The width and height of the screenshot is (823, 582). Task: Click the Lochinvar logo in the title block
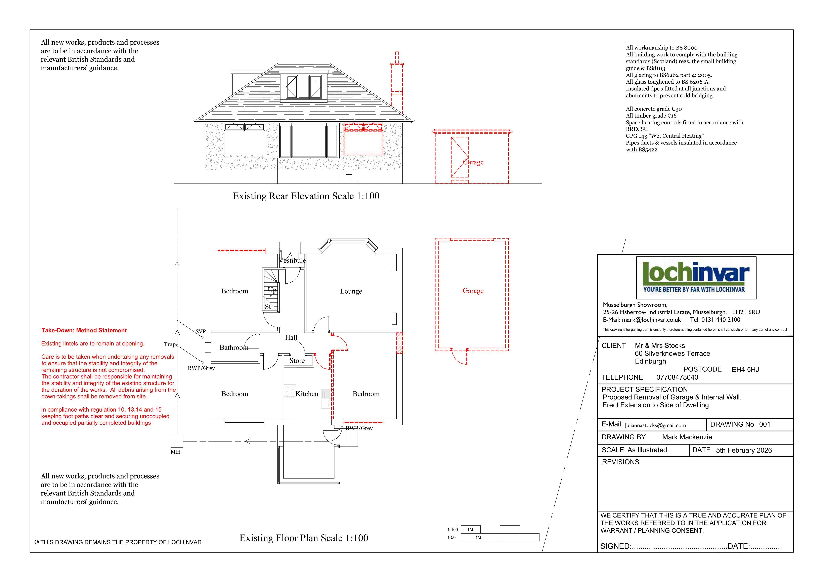(x=696, y=278)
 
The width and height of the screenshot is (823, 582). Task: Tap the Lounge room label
(x=351, y=291)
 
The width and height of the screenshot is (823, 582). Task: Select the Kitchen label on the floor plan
(x=307, y=394)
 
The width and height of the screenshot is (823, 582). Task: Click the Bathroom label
(x=234, y=347)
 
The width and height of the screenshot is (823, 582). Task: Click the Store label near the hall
(x=297, y=361)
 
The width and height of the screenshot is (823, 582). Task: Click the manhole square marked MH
(x=177, y=441)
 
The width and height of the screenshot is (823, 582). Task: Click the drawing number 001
(x=765, y=424)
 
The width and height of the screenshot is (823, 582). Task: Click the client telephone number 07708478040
(x=677, y=377)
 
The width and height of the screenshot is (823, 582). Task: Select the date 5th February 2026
(x=744, y=450)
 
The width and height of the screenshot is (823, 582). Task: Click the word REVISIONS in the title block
(x=620, y=462)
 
